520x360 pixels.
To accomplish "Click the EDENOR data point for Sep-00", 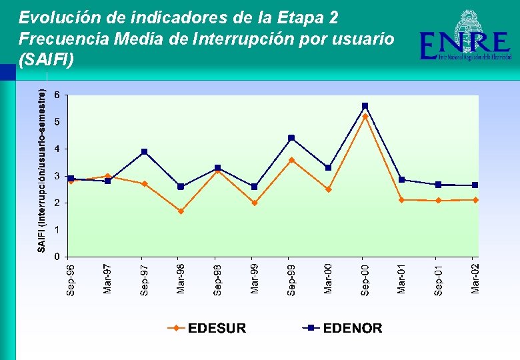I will coord(365,106).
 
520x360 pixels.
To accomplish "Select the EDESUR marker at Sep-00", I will coord(365,117).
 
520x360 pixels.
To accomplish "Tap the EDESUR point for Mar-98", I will coord(181,211).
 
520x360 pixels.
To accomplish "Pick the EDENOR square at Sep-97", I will coord(144,152).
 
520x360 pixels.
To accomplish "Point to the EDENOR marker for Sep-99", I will coord(291,138).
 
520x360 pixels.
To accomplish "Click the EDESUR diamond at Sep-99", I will coord(291,160).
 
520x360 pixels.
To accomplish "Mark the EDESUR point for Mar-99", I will coord(255,203).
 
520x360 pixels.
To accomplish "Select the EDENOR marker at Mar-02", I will coord(475,185).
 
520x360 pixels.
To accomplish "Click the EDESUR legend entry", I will coord(207,328).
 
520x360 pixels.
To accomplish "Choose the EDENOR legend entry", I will coord(343,328).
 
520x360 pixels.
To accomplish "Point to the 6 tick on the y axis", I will coord(57,95).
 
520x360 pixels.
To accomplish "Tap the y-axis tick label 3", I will coord(57,176).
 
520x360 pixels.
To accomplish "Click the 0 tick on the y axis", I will coord(57,257).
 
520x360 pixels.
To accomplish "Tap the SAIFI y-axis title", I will coord(42,172).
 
